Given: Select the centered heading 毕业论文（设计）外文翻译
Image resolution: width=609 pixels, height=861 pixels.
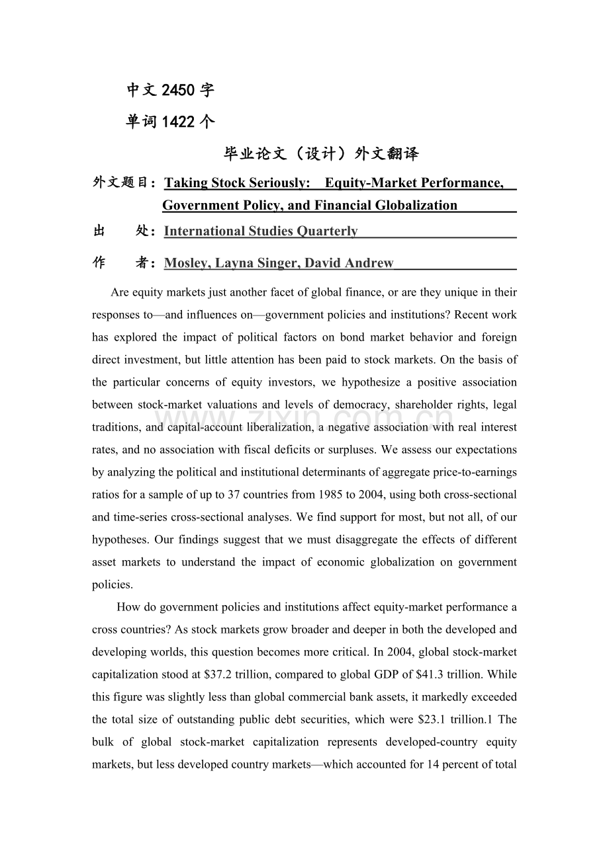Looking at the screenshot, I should (x=321, y=154).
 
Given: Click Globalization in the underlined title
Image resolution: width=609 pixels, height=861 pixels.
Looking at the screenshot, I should (x=417, y=205).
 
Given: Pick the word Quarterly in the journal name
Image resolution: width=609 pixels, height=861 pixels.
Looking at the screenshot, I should (x=327, y=231).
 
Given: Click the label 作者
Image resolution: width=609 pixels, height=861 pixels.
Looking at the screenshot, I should (x=124, y=263).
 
